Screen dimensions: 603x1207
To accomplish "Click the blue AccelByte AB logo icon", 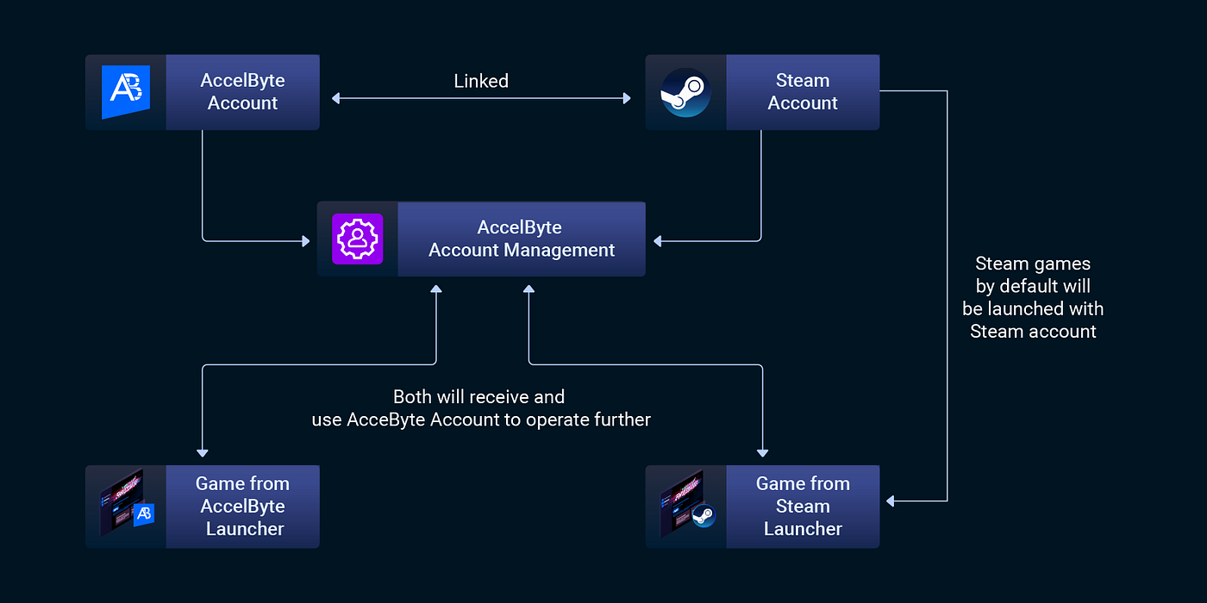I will click(126, 92).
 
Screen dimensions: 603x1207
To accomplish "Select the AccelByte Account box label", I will click(242, 92).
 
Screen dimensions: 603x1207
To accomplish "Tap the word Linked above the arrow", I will click(481, 81).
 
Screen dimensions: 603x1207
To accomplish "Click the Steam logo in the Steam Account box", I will click(685, 92).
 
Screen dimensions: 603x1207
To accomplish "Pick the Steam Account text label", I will click(803, 92).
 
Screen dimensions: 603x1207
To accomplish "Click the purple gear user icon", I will click(357, 239).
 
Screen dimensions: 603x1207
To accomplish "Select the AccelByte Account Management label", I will click(521, 239).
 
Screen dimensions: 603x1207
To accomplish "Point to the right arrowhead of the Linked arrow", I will click(627, 99).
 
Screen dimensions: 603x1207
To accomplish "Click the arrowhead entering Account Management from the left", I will click(305, 242).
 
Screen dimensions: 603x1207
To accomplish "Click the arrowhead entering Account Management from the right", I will click(658, 242).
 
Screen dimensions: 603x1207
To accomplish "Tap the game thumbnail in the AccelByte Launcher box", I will click(126, 507).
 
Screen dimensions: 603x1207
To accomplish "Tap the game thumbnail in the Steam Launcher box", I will click(686, 507).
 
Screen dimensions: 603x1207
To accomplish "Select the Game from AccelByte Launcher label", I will click(242, 507).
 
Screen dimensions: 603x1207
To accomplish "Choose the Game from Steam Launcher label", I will click(803, 507).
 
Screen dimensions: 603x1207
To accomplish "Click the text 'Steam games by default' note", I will click(1033, 297).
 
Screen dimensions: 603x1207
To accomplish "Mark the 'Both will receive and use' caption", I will click(480, 408).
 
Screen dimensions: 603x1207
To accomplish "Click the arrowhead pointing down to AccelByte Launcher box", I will click(203, 451).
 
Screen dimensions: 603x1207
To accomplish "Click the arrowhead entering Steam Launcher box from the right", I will click(891, 501).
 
